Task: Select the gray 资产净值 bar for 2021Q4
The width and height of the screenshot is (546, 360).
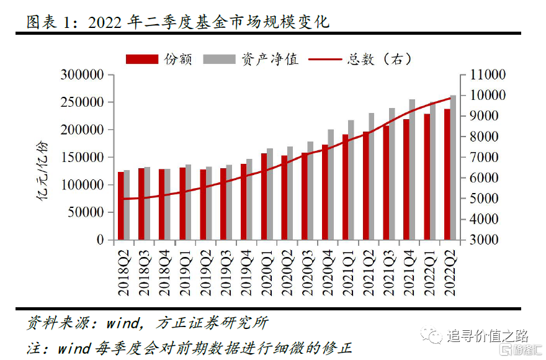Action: [412, 169]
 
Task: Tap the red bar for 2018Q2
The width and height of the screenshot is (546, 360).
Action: [121, 205]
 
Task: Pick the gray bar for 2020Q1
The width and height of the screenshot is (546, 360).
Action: [270, 194]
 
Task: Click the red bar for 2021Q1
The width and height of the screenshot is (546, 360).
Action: [345, 187]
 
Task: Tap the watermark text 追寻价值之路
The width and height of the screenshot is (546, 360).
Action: [487, 336]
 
